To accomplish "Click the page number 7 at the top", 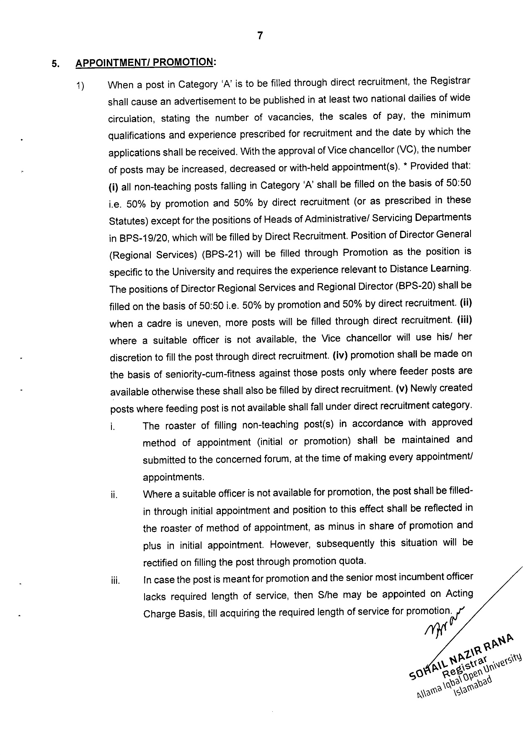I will click(260, 36).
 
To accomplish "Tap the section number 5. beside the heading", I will click(55, 65).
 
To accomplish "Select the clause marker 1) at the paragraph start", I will click(80, 87).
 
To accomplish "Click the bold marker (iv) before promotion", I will click(340, 355).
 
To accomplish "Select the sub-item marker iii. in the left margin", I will click(114, 581).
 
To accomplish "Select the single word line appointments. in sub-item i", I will click(174, 477).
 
